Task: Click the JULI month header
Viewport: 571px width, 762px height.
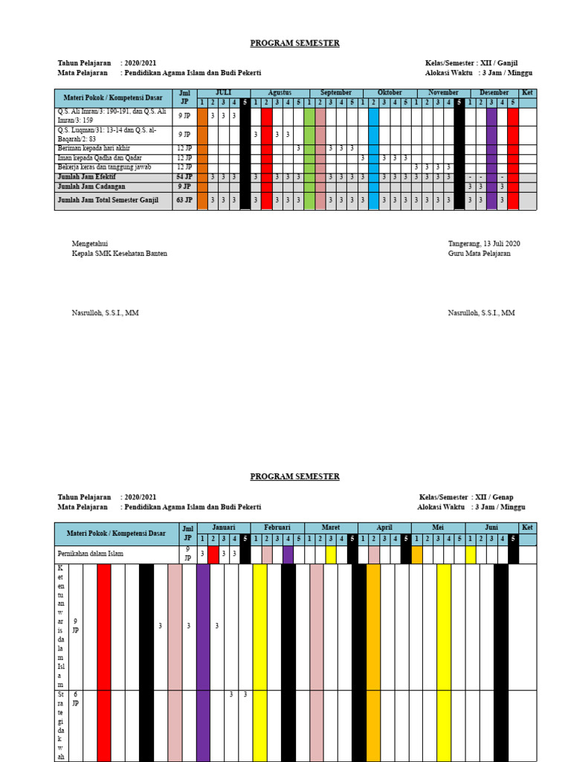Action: coord(223,93)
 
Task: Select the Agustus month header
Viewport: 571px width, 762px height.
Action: coord(280,93)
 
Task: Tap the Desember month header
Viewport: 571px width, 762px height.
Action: coord(494,93)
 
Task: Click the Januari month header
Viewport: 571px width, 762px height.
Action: coord(223,527)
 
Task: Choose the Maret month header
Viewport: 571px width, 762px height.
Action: coord(331,527)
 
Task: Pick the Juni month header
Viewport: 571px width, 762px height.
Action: coord(491,527)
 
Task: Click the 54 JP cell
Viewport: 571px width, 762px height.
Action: coord(184,177)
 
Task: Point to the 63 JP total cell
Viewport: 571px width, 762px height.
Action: coord(184,200)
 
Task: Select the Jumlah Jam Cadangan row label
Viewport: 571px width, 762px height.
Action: coord(91,187)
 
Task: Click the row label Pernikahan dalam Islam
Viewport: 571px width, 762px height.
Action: coord(91,554)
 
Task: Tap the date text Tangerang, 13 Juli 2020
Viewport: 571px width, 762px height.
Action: coord(484,244)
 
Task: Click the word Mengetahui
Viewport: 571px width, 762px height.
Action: coord(90,244)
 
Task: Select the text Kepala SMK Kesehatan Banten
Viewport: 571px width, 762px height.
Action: coord(119,254)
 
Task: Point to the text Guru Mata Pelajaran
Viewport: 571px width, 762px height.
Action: coord(479,254)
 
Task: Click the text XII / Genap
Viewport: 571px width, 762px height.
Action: coord(494,497)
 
